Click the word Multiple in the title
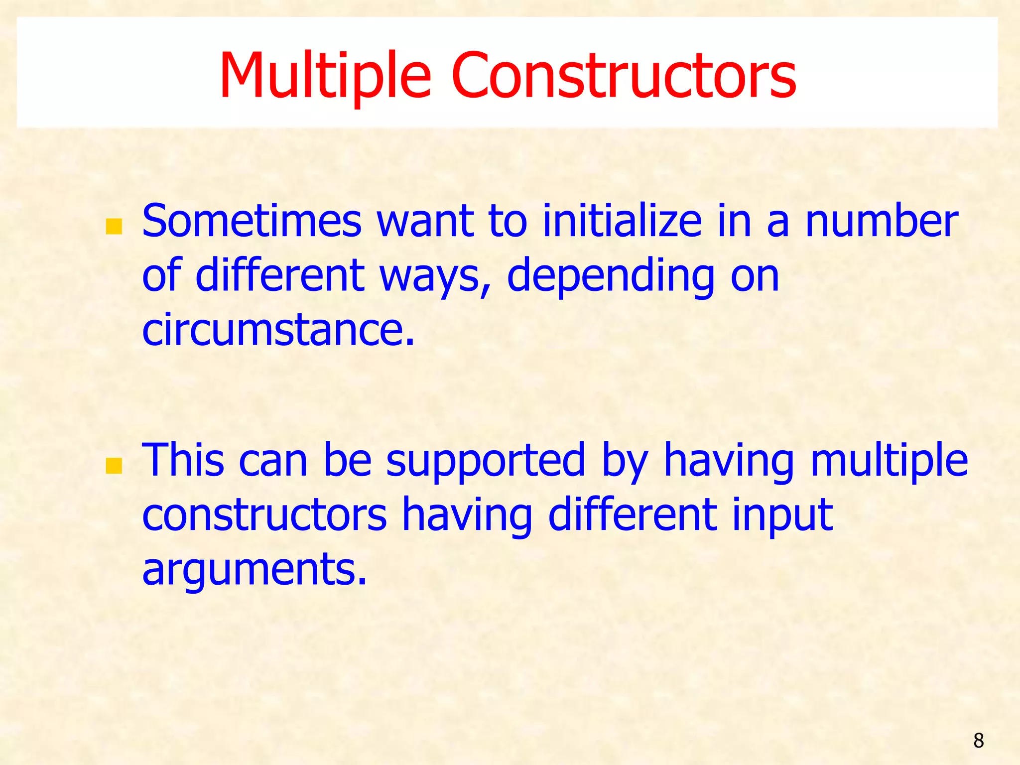(x=325, y=76)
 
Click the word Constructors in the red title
(x=624, y=76)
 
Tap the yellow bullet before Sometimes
(x=114, y=227)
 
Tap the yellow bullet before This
(x=114, y=466)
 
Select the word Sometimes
(x=252, y=221)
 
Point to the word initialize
(x=622, y=221)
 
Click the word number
(x=882, y=221)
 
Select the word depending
(x=611, y=277)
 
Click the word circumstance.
(x=278, y=330)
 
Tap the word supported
(x=486, y=461)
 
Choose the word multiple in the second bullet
(x=889, y=461)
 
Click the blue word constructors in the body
(x=264, y=515)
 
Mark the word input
(x=782, y=515)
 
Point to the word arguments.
(x=255, y=569)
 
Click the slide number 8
(x=978, y=741)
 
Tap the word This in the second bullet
(x=183, y=460)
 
